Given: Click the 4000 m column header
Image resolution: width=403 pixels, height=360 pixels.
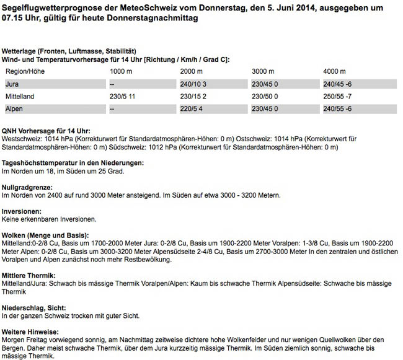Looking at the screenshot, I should click(x=335, y=71).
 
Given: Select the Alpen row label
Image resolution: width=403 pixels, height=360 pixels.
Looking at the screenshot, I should click(x=15, y=108).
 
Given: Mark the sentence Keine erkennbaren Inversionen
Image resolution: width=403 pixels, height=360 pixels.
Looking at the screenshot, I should click(x=49, y=219).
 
